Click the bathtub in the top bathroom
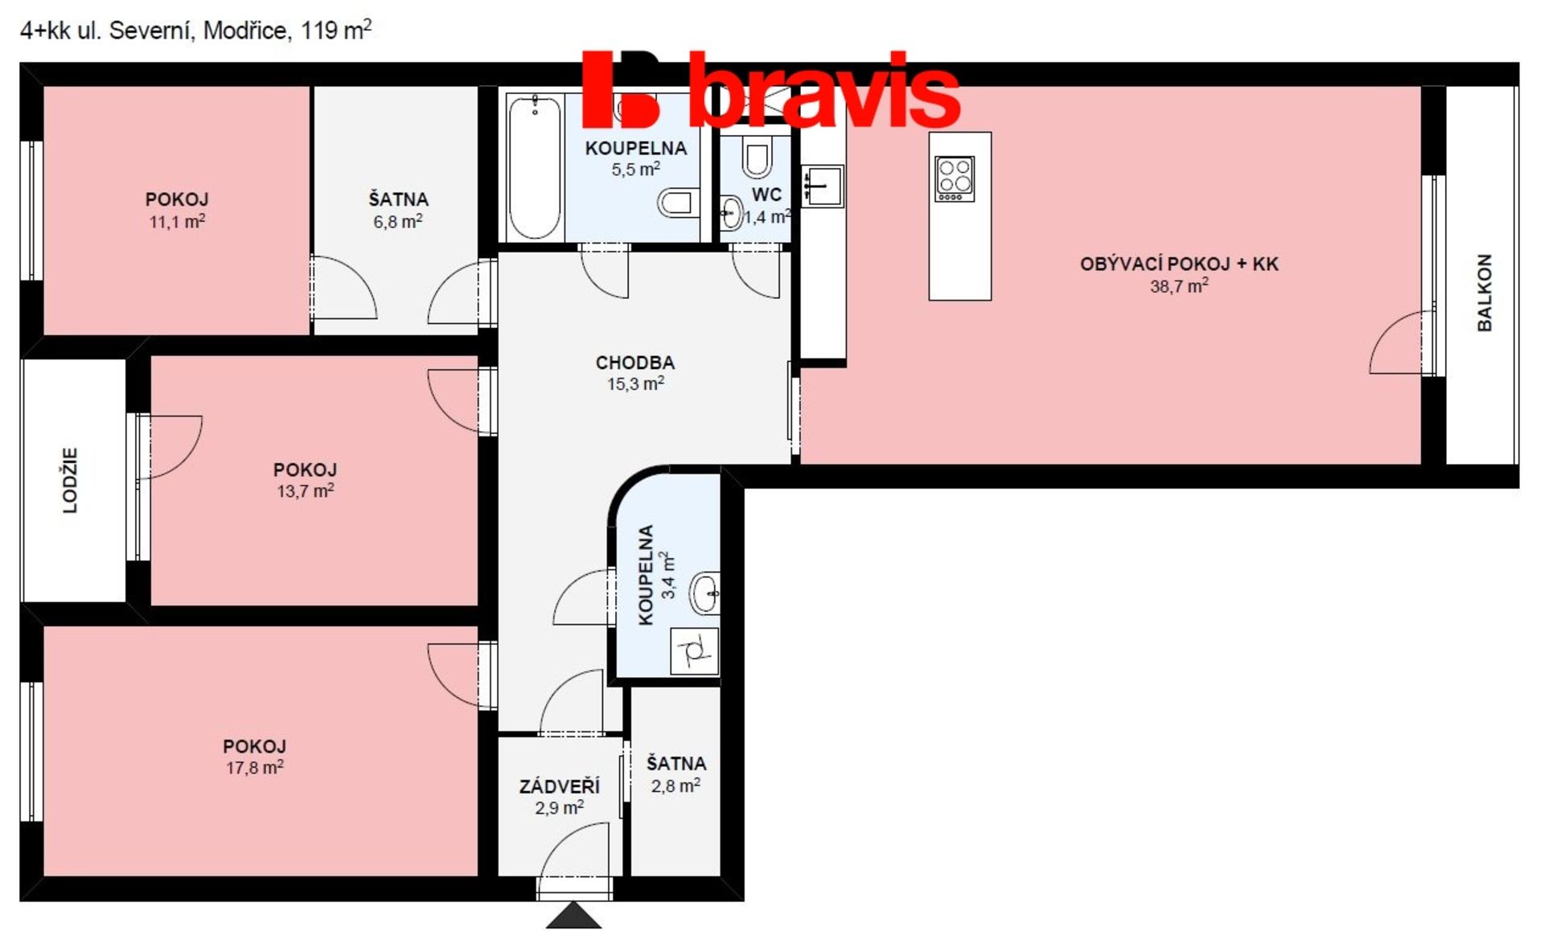tap(534, 167)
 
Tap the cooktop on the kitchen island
tap(955, 178)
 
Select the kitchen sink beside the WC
tap(822, 187)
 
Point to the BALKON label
tap(1484, 293)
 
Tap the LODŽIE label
tap(71, 480)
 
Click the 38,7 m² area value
tap(1179, 286)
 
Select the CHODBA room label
tap(635, 363)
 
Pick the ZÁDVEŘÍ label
tap(560, 785)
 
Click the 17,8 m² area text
tap(255, 767)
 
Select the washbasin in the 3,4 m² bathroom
tap(705, 594)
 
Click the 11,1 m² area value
tap(178, 221)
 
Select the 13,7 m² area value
tap(306, 490)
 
